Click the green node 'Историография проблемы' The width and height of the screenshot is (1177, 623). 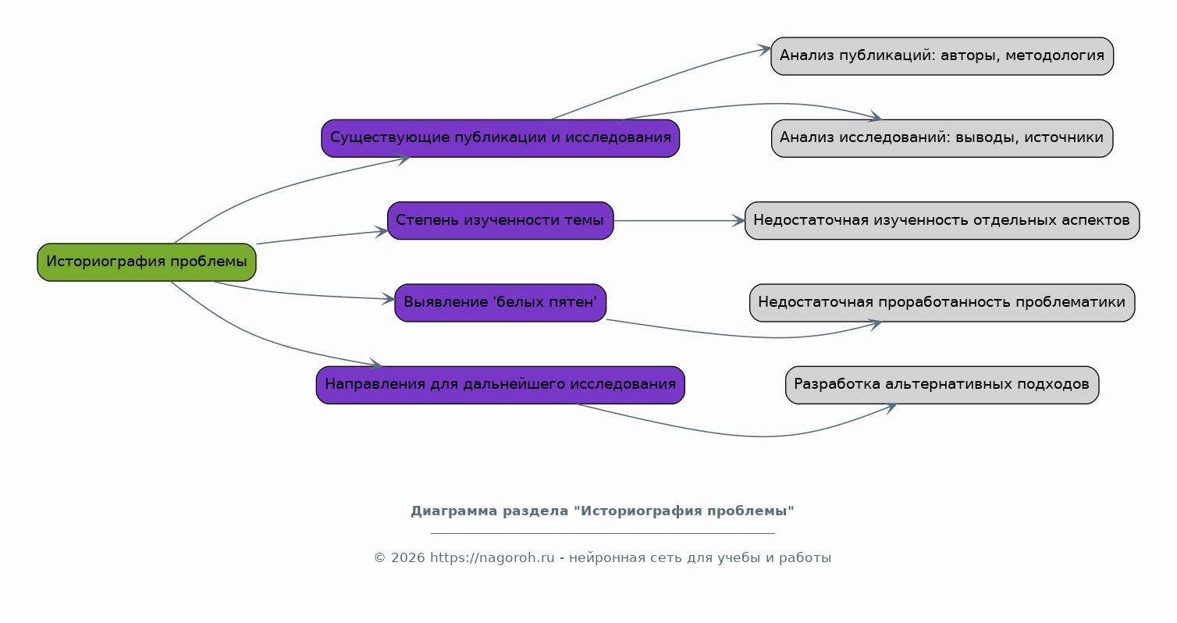pyautogui.click(x=147, y=262)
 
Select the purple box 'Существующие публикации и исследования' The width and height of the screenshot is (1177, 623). pyautogui.click(x=500, y=138)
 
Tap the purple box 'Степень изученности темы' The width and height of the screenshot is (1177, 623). pyautogui.click(x=500, y=221)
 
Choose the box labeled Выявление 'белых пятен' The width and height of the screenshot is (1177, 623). pyautogui.click(x=500, y=303)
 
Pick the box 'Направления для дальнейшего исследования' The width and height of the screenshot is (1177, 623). pyautogui.click(x=500, y=385)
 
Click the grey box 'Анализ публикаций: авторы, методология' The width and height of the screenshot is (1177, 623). pyautogui.click(x=942, y=56)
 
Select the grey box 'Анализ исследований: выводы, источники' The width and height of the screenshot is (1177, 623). pyautogui.click(x=942, y=138)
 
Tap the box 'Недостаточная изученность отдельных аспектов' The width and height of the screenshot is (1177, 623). pyautogui.click(x=942, y=221)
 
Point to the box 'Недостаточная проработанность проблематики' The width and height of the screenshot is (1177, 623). pyautogui.click(x=942, y=303)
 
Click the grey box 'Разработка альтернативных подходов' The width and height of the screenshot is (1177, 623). pyautogui.click(x=942, y=385)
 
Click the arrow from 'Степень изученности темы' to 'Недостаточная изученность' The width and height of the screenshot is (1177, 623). pyautogui.click(x=679, y=221)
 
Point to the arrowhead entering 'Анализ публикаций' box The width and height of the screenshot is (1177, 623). pyautogui.click(x=764, y=50)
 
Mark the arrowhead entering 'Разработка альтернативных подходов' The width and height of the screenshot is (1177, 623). pyautogui.click(x=890, y=408)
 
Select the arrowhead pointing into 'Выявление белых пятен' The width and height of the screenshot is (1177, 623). pyautogui.click(x=389, y=299)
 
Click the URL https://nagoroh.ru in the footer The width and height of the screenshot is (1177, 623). pyautogui.click(x=492, y=557)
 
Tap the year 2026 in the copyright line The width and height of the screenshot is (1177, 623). pyautogui.click(x=407, y=557)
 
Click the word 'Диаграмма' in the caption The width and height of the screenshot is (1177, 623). pyautogui.click(x=454, y=511)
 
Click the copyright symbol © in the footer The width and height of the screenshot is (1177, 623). pyautogui.click(x=380, y=557)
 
